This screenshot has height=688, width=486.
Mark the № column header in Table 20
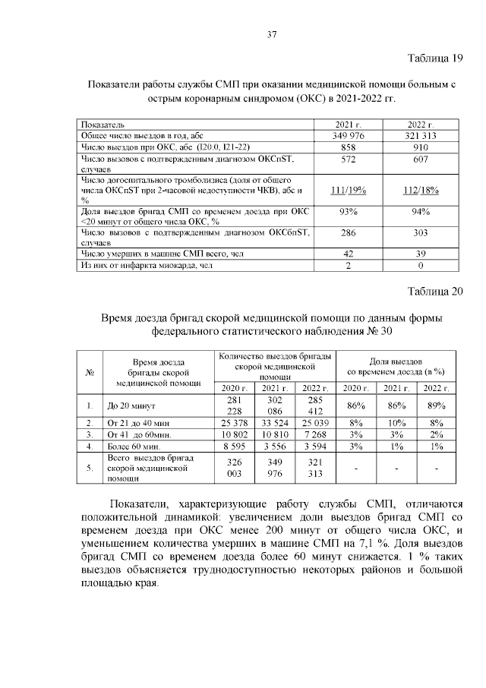(90, 371)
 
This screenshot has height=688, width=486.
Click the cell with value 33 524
(275, 422)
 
